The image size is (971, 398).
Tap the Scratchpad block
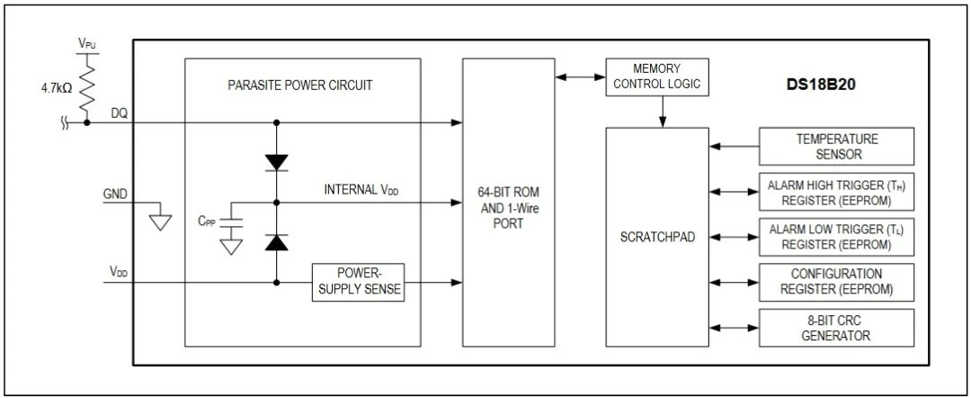(x=656, y=238)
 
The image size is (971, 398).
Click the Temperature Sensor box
(x=836, y=146)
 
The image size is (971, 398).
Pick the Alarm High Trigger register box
(x=836, y=191)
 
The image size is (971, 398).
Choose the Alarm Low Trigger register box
(x=836, y=236)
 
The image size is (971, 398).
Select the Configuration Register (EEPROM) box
(x=836, y=281)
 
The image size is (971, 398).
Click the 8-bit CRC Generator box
(x=836, y=327)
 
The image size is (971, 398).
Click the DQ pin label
(x=119, y=113)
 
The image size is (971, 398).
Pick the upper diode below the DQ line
(x=277, y=162)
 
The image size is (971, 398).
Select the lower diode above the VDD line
(x=277, y=242)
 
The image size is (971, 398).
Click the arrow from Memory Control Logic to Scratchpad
(x=663, y=112)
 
